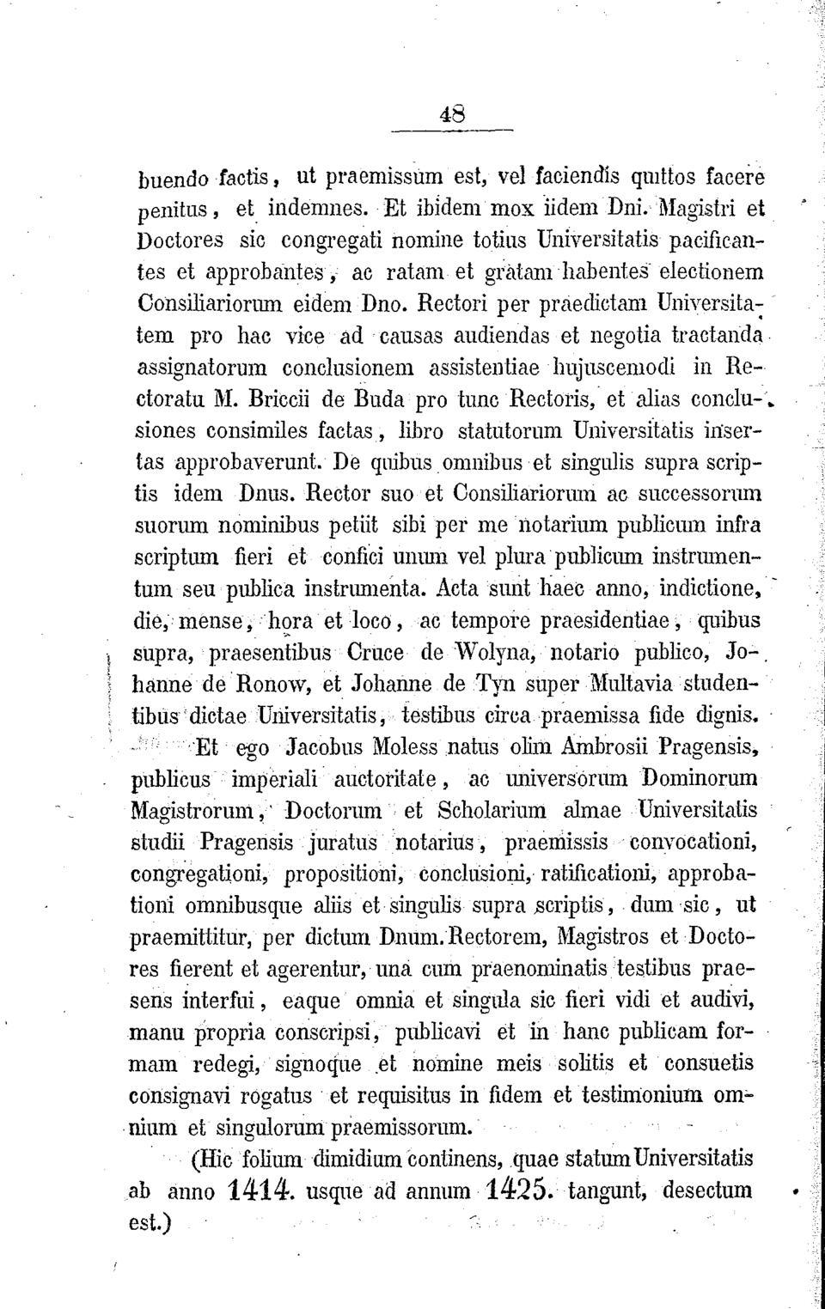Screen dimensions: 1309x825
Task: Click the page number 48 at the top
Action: pyautogui.click(x=452, y=113)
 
